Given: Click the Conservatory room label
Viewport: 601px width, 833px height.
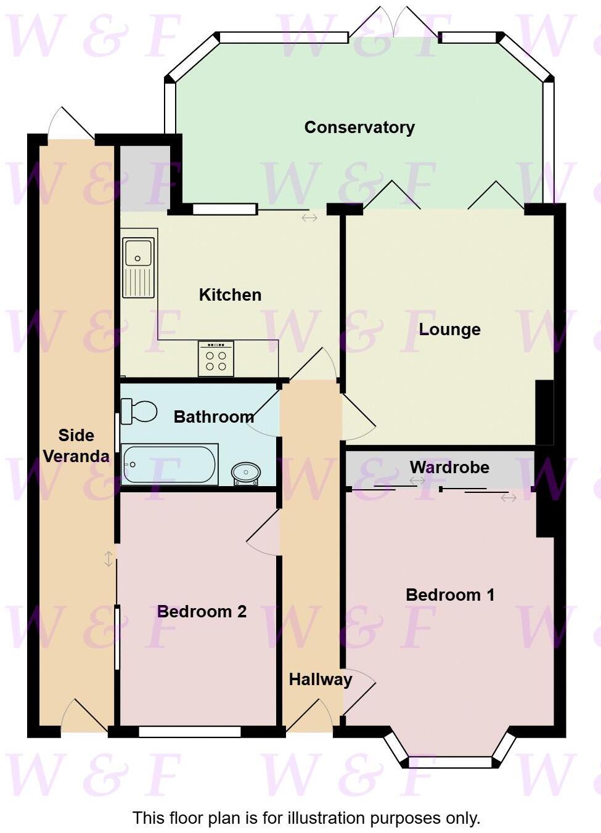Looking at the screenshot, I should click(359, 128).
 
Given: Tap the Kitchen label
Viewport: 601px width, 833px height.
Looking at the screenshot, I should click(230, 295).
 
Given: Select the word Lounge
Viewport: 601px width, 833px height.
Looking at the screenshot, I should click(449, 330).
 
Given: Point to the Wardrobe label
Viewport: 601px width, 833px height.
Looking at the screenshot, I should click(449, 468).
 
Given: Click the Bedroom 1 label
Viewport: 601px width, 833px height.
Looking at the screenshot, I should click(450, 595).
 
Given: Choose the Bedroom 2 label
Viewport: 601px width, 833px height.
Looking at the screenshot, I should click(202, 612).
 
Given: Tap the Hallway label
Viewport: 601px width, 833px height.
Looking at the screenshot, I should click(321, 680).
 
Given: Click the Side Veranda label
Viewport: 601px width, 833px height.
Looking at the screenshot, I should click(76, 446).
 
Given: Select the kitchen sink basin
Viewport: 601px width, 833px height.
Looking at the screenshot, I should click(138, 252).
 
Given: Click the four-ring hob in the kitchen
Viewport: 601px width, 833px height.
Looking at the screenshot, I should click(216, 359).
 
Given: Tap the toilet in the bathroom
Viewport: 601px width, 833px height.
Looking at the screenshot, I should click(139, 411).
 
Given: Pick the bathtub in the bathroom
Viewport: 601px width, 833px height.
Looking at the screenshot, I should click(170, 464).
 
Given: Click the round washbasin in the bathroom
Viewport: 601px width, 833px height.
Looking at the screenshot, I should click(245, 473).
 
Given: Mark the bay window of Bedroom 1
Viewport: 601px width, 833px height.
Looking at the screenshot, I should click(451, 762).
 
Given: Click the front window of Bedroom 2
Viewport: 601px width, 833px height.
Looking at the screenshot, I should click(189, 732).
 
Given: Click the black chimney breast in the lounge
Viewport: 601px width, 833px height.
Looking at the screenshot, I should click(544, 412).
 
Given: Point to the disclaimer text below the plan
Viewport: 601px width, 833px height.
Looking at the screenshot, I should click(306, 818).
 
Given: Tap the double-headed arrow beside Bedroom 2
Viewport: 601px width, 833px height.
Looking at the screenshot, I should click(108, 559).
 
